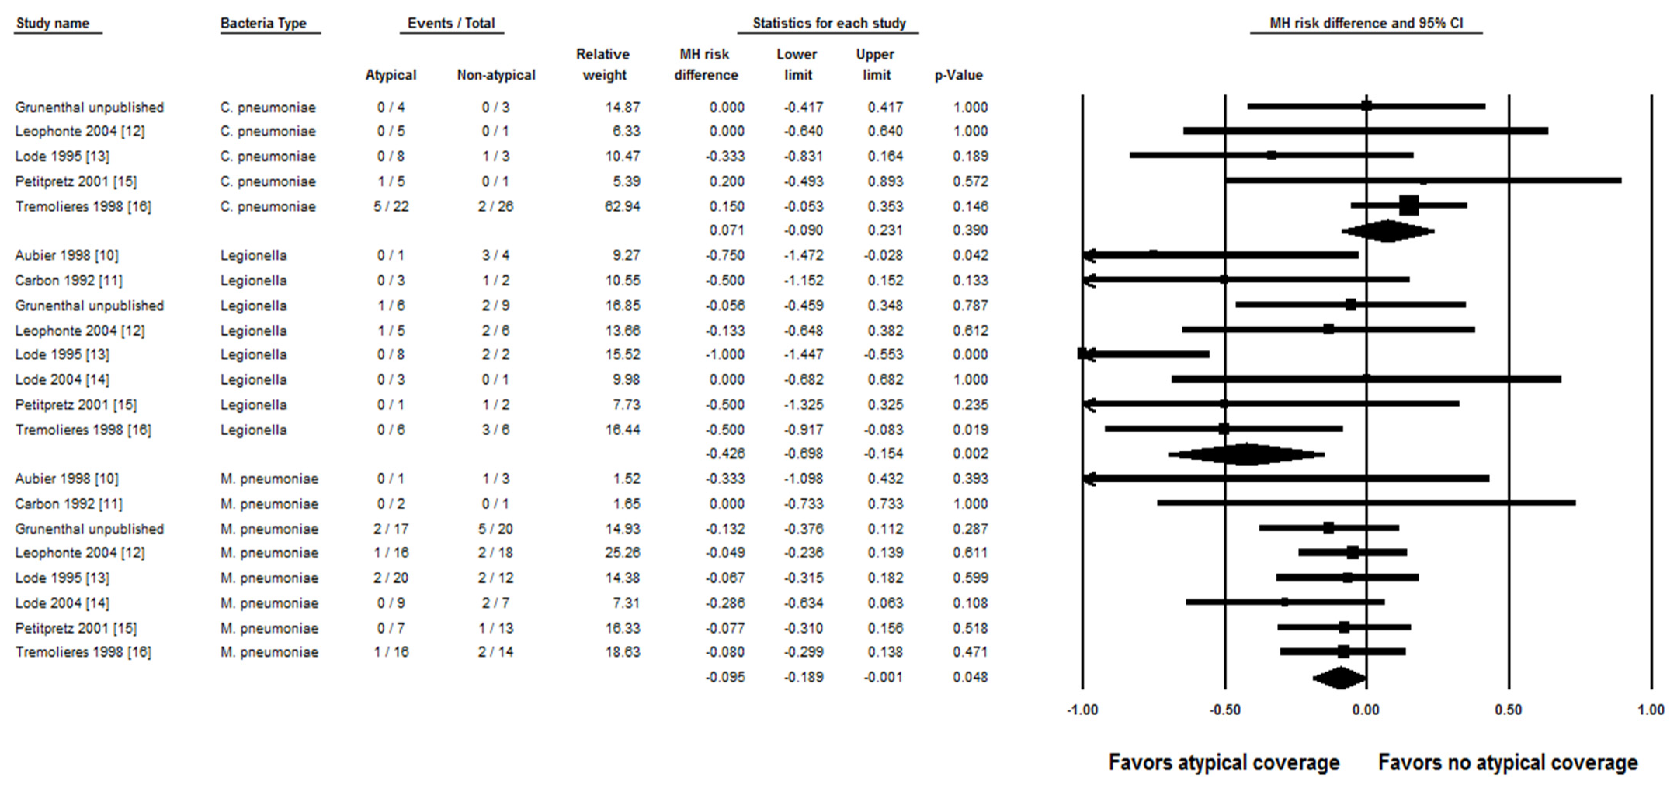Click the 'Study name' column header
point(52,23)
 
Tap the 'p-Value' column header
point(958,75)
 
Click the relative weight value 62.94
point(622,207)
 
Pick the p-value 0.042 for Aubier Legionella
point(971,255)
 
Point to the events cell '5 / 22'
point(391,207)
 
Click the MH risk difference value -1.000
point(725,355)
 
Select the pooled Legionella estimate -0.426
point(725,453)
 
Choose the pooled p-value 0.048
point(971,677)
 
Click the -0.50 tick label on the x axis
point(1225,710)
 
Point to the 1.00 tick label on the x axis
point(1651,710)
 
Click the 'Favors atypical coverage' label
point(1224,762)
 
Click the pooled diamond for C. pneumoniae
point(1388,230)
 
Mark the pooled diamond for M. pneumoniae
point(1340,678)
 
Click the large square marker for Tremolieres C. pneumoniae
point(1408,206)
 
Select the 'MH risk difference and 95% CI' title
point(1366,23)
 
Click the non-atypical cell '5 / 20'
point(495,529)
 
